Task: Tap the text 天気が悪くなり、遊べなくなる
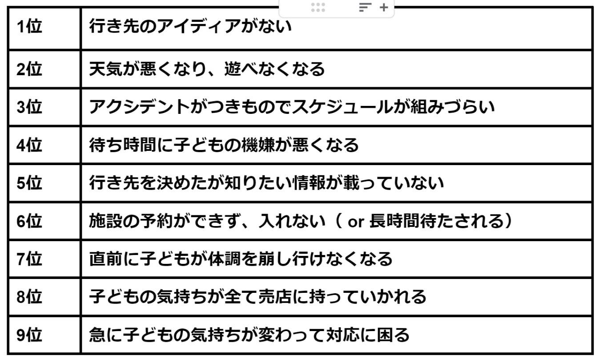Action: [207, 69]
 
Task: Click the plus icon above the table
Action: [384, 7]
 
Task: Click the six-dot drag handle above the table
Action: [318, 7]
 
